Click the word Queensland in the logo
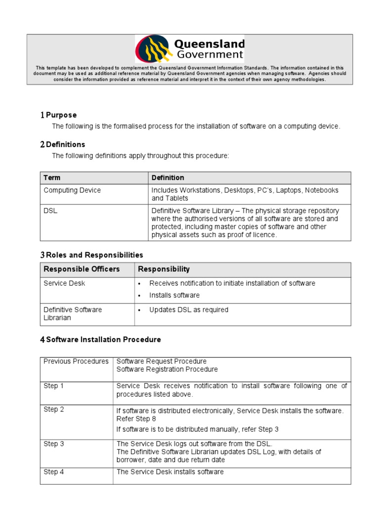coord(210,44)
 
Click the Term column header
coord(52,178)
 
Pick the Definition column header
coord(168,178)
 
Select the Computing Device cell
coord(72,190)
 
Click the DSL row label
coord(50,210)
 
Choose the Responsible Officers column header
coord(82,269)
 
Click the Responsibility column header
coord(164,269)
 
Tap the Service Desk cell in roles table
coord(64,283)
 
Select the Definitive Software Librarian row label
coord(73,313)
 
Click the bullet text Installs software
coord(174,295)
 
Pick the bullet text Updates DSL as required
coord(189,309)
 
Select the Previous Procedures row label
coord(76,361)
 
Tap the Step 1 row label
coord(54,386)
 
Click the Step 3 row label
coord(54,444)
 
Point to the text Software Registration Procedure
coord(167,369)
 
